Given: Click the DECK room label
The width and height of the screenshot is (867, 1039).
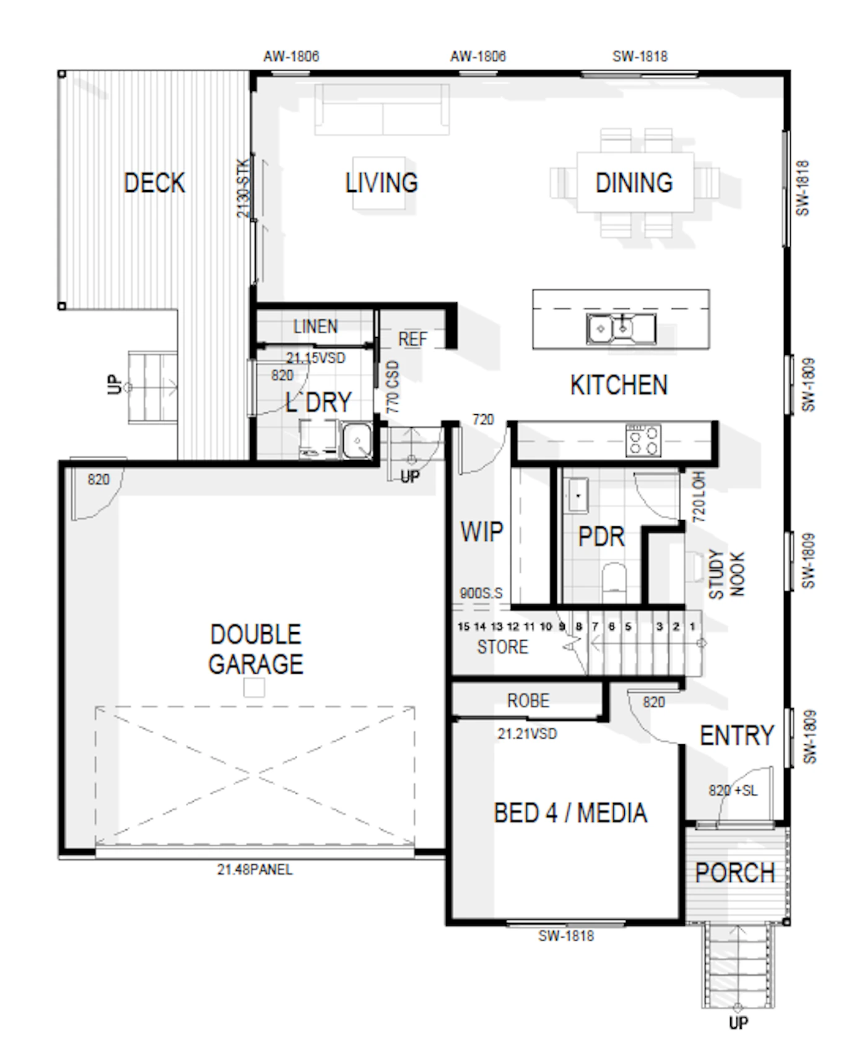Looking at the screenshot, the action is (154, 183).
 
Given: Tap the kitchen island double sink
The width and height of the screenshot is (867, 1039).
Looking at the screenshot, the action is (621, 328).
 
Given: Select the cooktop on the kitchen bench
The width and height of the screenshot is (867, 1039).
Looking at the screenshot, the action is (643, 440).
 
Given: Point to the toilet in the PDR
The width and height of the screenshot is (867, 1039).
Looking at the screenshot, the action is (614, 582).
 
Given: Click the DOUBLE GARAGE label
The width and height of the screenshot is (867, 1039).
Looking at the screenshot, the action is (256, 649).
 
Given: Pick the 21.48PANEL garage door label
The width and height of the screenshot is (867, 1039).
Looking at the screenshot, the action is (255, 869).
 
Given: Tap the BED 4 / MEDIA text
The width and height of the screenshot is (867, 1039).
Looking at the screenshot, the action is (570, 812).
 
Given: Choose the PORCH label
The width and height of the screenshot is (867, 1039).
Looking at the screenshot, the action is (734, 872).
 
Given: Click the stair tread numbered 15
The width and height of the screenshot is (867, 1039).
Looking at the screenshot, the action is (463, 627).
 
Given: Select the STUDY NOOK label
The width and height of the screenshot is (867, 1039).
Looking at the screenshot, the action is (726, 574).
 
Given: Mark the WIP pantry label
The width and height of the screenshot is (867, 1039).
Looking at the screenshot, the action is (482, 531).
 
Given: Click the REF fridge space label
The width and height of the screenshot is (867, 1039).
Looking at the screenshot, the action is (412, 339).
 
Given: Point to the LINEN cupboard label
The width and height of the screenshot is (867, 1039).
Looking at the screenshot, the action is (315, 326).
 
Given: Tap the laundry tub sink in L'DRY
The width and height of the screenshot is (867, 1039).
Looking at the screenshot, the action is (357, 441).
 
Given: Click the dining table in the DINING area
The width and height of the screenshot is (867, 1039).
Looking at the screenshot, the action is (635, 183).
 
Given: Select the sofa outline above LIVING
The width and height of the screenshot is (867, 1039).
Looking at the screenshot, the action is (381, 110).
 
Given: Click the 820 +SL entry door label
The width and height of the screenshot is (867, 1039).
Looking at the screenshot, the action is (733, 790).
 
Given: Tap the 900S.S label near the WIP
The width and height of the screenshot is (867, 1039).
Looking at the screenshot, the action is (481, 593).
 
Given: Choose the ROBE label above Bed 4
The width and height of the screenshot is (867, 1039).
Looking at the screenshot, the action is (528, 700).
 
